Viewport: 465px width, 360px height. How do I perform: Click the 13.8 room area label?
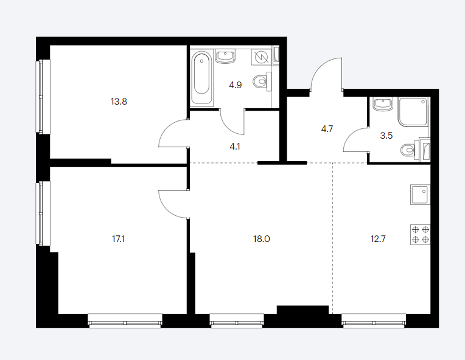coord(119,102)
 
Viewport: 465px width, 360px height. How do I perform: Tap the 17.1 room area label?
coord(118,239)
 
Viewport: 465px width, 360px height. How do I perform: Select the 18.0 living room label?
coord(261,239)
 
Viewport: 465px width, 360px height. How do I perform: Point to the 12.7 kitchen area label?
coord(378,239)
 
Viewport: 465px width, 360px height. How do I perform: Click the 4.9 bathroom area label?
coord(235,85)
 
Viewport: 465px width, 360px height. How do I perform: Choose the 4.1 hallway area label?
coord(234,147)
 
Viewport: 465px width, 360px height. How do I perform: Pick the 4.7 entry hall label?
coord(327,129)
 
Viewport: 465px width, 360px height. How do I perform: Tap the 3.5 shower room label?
coord(386,136)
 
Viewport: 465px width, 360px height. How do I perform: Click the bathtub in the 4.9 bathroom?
coord(201,78)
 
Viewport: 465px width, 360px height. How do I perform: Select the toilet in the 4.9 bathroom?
coord(262,81)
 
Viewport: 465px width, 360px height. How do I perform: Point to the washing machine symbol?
coord(261,57)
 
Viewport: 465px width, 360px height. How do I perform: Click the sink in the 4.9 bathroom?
coord(225,57)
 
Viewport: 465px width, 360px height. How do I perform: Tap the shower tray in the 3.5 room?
coord(413,112)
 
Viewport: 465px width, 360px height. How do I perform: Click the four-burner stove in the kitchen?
coord(420,235)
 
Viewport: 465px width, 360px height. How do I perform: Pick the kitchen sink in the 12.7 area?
coord(420,195)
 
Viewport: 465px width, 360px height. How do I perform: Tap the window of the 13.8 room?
coord(43,97)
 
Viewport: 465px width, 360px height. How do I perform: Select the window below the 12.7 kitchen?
coord(374,320)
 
